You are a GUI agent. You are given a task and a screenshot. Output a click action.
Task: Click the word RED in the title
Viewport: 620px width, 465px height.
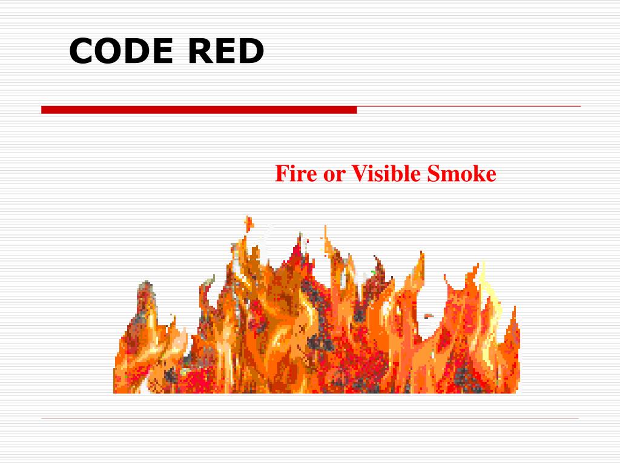(x=225, y=51)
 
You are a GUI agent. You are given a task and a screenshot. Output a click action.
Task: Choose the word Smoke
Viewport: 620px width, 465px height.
(x=461, y=174)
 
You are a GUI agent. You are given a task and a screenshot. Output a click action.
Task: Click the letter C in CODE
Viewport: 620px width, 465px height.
(x=81, y=51)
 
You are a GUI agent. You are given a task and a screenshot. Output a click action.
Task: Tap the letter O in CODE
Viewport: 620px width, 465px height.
(x=107, y=51)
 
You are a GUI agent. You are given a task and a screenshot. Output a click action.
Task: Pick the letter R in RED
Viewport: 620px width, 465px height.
(x=198, y=51)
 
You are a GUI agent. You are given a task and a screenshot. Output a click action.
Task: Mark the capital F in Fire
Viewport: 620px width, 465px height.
(x=281, y=174)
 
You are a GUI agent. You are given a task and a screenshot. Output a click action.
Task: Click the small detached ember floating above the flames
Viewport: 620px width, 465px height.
(x=248, y=222)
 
